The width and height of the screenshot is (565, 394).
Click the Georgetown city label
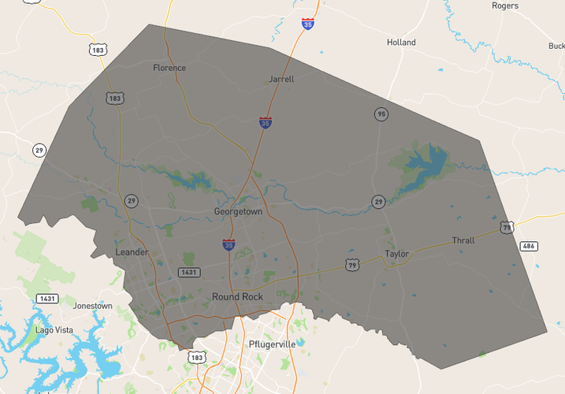(x=238, y=212)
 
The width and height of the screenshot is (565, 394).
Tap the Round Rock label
(x=237, y=296)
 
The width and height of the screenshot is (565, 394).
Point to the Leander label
(x=132, y=252)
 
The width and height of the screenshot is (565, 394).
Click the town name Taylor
(x=396, y=254)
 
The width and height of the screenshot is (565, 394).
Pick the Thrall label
(x=463, y=240)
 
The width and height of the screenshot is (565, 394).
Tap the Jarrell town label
(x=281, y=79)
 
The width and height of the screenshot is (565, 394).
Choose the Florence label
(x=169, y=68)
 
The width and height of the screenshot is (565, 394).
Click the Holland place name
(x=401, y=43)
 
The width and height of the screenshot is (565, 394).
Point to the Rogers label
(x=505, y=6)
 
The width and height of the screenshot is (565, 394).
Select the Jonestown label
(x=92, y=306)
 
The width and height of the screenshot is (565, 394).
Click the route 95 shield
(x=381, y=114)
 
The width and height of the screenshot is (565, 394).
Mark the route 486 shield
(x=529, y=247)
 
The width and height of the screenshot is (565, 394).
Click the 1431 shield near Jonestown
(x=46, y=299)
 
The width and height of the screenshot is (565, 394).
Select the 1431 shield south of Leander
(x=188, y=272)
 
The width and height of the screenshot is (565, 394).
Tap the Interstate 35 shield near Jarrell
(x=266, y=123)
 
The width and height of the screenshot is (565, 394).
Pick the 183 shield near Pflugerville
(x=196, y=358)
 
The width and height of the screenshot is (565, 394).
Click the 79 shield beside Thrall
(x=506, y=228)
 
